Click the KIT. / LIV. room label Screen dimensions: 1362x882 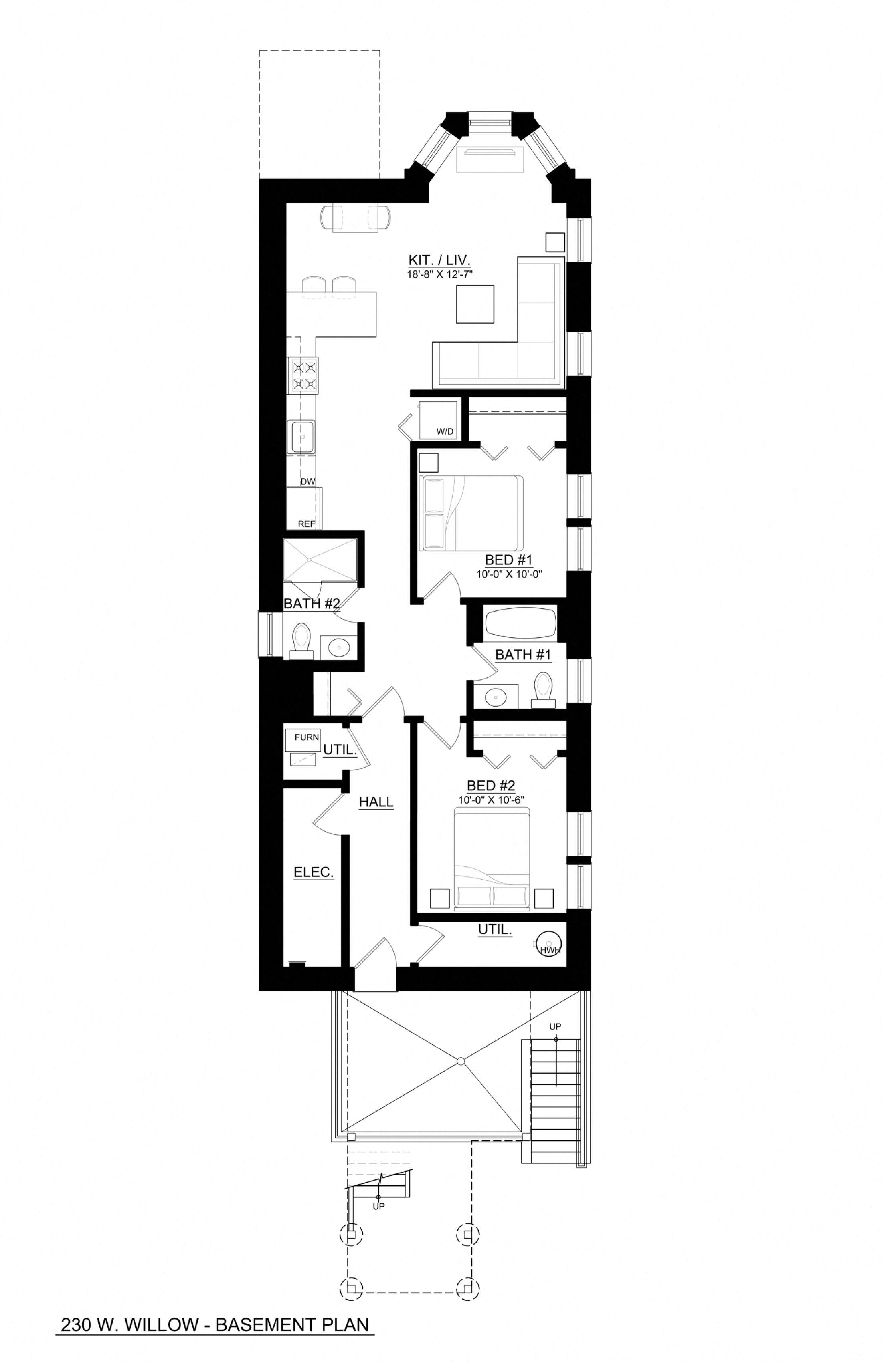(x=439, y=260)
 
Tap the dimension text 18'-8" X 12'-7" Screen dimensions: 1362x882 (x=439, y=274)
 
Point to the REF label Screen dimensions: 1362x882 (x=306, y=524)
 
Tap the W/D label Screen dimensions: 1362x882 (x=445, y=431)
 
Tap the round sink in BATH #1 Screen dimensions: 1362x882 (x=495, y=697)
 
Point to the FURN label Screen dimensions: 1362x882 (x=306, y=737)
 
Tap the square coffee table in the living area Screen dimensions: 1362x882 (x=475, y=305)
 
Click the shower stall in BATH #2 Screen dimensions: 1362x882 (x=320, y=559)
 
